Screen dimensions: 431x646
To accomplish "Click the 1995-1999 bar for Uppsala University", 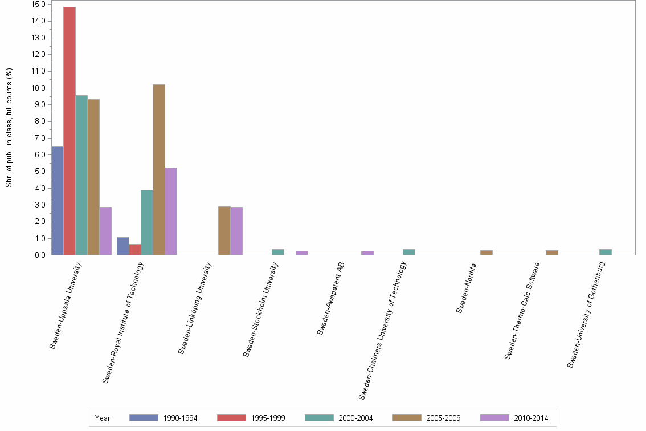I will pyautogui.click(x=69, y=131).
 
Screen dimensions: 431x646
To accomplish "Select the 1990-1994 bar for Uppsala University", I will pyautogui.click(x=57, y=201).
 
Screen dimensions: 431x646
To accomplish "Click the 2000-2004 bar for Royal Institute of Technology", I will pyautogui.click(x=147, y=222).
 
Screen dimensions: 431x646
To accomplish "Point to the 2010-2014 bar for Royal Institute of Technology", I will pyautogui.click(x=171, y=212).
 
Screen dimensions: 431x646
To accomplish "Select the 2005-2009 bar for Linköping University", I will pyautogui.click(x=224, y=231).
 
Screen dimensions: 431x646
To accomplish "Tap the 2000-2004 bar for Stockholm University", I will pyautogui.click(x=278, y=252).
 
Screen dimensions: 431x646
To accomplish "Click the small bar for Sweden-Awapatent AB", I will pyautogui.click(x=367, y=253).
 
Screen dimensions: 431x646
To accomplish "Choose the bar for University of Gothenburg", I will pyautogui.click(x=606, y=252).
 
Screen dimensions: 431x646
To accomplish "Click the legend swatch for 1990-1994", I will pyautogui.click(x=144, y=418).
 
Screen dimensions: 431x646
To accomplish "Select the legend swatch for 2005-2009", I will pyautogui.click(x=407, y=418).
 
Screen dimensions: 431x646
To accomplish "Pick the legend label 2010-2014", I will pyautogui.click(x=531, y=418).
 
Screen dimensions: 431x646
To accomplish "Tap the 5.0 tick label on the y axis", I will pyautogui.click(x=39, y=172).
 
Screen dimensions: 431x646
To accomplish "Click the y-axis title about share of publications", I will pyautogui.click(x=9, y=128).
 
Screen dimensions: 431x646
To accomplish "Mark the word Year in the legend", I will pyautogui.click(x=103, y=418).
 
